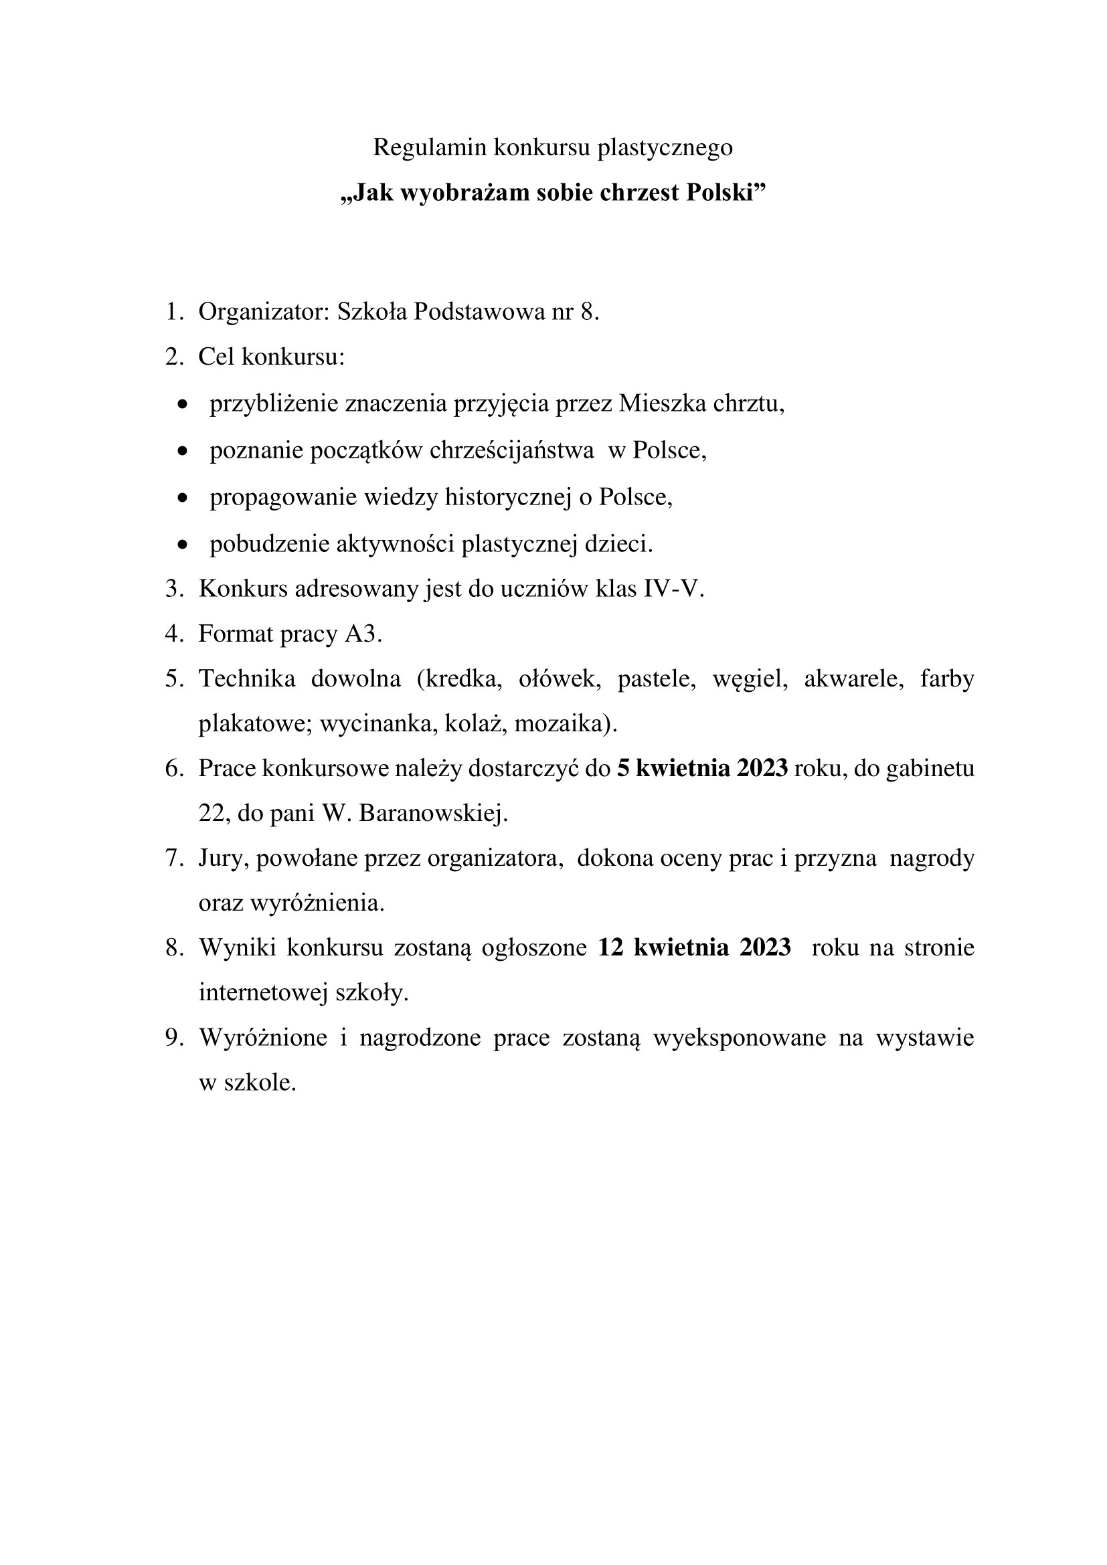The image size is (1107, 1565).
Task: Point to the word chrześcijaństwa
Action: click(x=511, y=450)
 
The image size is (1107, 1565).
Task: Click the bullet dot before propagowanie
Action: click(x=181, y=498)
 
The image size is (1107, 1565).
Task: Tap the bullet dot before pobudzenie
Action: click(x=181, y=545)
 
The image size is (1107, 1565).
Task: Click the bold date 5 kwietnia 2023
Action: click(x=702, y=768)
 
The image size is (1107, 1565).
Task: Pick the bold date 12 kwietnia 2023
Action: click(x=695, y=947)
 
